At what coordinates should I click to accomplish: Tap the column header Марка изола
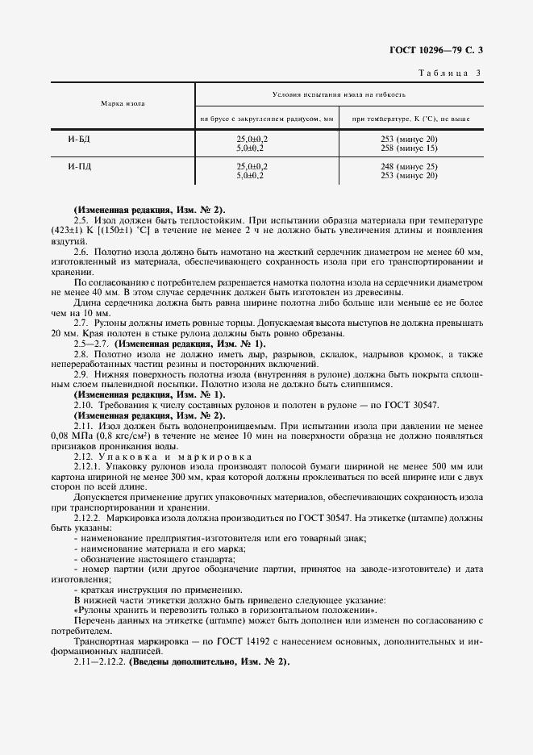123,105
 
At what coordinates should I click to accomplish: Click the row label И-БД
79,140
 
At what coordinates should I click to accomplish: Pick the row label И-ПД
79,166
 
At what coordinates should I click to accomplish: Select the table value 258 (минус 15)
409,148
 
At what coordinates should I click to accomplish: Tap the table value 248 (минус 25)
409,166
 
